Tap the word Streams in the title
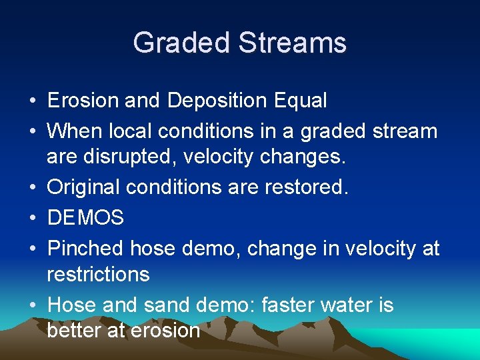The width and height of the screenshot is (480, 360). point(292,43)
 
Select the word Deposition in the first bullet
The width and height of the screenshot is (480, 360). point(218,101)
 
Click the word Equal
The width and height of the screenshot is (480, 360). point(300,101)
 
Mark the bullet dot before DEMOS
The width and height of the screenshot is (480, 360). point(32,217)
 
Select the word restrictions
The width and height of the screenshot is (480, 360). point(98,273)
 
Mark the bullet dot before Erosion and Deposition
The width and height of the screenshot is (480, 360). point(32,101)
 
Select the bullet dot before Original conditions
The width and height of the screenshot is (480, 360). point(32,187)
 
